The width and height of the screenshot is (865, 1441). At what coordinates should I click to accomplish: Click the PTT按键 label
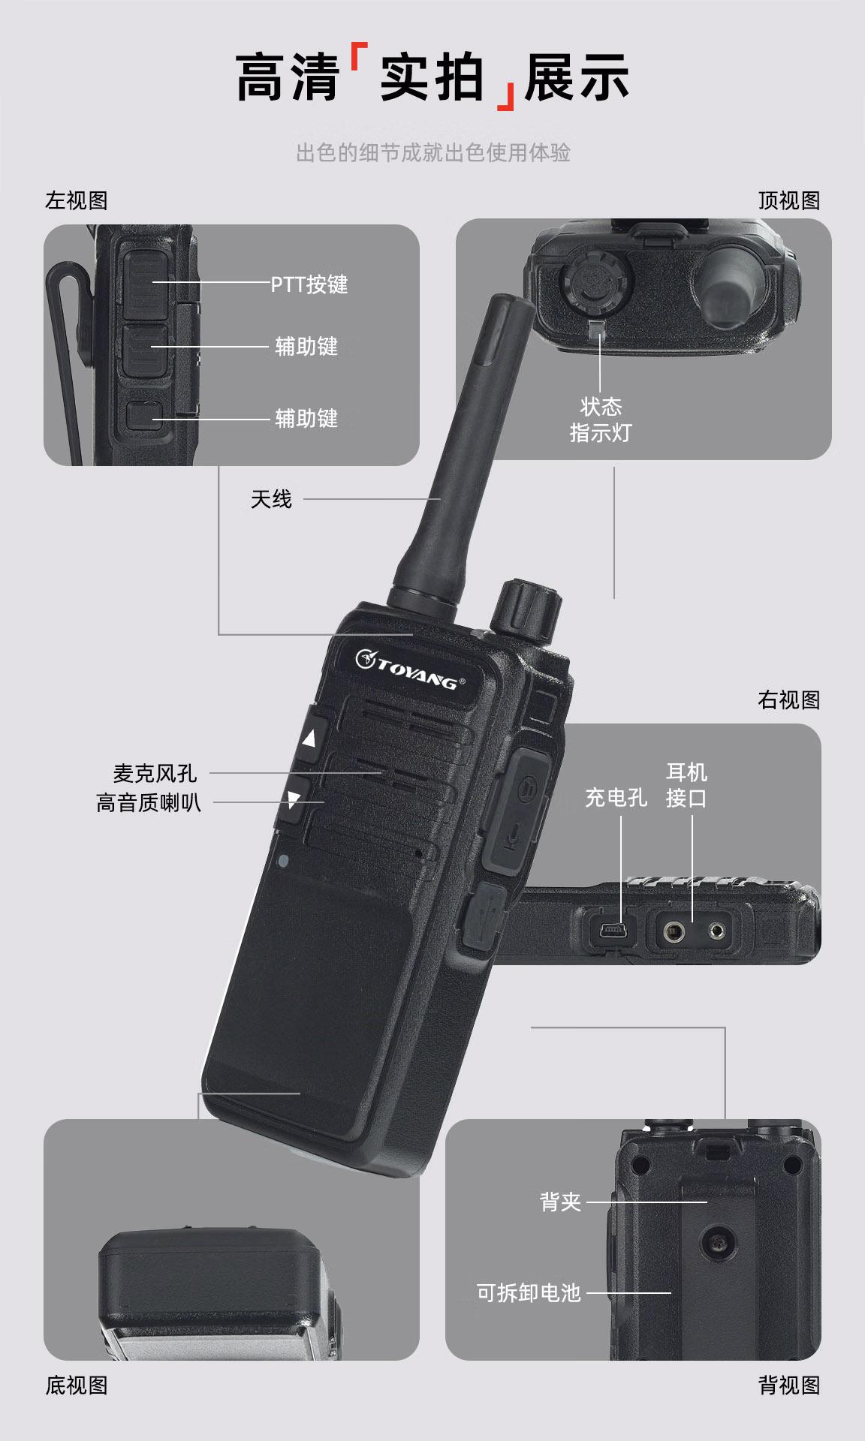(309, 284)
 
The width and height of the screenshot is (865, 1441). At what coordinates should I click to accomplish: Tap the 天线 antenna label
(271, 499)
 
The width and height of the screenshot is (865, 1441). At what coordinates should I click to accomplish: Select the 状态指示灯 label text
(601, 420)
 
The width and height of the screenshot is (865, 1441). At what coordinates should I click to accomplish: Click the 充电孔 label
(616, 797)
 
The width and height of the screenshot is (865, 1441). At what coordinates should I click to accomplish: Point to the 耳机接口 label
(686, 785)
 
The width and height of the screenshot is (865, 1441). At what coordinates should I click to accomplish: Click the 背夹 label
(560, 1202)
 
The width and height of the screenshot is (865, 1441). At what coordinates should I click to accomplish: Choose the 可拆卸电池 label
(529, 1292)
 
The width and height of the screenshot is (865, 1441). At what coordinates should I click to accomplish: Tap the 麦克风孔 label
(155, 773)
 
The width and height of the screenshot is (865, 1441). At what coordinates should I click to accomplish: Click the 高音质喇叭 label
(149, 802)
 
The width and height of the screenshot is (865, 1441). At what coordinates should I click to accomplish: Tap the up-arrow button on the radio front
(309, 738)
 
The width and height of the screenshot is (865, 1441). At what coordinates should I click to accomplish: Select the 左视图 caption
(77, 200)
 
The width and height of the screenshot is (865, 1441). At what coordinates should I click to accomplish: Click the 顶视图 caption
(789, 200)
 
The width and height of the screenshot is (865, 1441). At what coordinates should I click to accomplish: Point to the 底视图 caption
(77, 1385)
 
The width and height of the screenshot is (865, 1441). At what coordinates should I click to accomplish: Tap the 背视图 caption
(789, 1385)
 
